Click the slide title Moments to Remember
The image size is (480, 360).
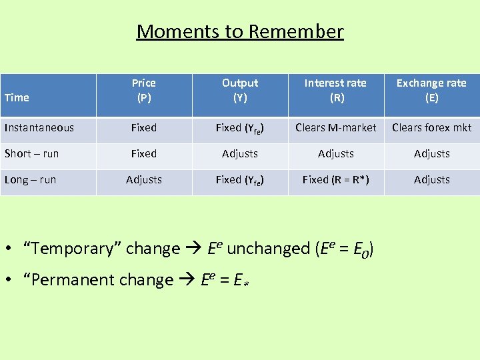click(x=240, y=31)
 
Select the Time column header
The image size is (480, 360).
click(x=17, y=98)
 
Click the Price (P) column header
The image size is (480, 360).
click(x=144, y=91)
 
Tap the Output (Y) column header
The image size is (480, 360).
click(x=240, y=91)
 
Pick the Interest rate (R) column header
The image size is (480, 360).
click(x=335, y=91)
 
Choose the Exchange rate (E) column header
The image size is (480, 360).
click(x=431, y=91)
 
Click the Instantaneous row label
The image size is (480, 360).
click(x=39, y=127)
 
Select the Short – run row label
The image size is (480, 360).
click(x=32, y=153)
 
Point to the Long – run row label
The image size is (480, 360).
click(x=31, y=179)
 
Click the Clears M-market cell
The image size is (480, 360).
click(x=336, y=127)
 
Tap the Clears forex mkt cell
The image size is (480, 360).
click(x=431, y=127)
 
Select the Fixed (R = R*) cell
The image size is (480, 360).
click(x=335, y=179)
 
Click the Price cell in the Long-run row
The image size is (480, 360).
click(x=144, y=179)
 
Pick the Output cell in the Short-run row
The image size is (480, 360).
click(x=240, y=153)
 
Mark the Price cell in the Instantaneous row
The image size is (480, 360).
click(x=144, y=127)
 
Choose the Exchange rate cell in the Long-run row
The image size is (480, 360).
click(x=431, y=179)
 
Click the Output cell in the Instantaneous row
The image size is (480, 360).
click(x=240, y=128)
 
